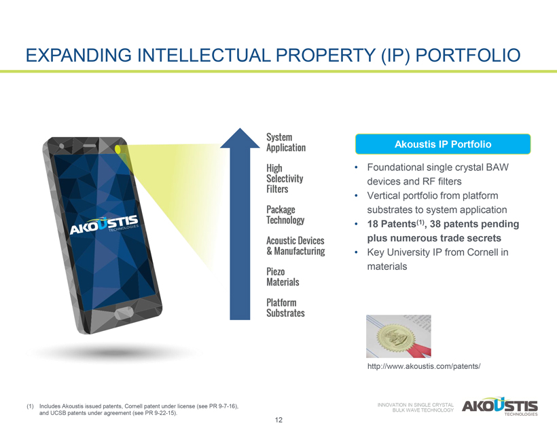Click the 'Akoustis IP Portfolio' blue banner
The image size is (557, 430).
[x=443, y=144]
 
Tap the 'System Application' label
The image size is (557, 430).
[x=286, y=142]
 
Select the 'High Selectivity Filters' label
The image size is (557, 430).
[x=285, y=178]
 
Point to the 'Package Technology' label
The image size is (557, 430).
[x=285, y=214]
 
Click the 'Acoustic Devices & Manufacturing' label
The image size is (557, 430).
[x=295, y=246]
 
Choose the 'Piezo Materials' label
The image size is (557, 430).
[x=283, y=277]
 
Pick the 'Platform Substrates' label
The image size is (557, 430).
[x=285, y=308]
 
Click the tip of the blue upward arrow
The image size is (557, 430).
[x=240, y=128]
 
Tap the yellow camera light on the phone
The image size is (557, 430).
[x=118, y=149]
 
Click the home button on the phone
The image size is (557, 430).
[x=124, y=313]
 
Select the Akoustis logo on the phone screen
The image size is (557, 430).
[x=104, y=225]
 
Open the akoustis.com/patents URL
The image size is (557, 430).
[x=424, y=366]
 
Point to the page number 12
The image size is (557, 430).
[x=278, y=420]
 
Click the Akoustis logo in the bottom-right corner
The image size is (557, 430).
[x=500, y=406]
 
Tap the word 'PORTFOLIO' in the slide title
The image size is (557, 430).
[x=468, y=56]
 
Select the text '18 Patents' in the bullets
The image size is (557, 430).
[x=391, y=224]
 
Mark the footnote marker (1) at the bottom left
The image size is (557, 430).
[x=30, y=406]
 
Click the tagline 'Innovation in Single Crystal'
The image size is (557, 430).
[x=415, y=405]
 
